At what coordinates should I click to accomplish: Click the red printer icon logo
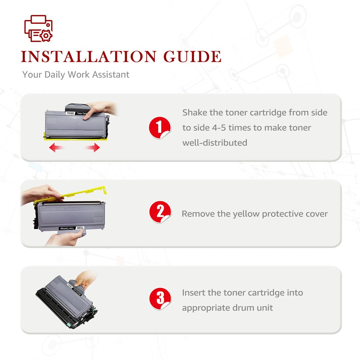coord(39,28)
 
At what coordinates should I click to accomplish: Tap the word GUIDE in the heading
coord(192,57)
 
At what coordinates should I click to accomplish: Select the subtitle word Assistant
coord(111,75)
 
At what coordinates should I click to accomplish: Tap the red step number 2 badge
coord(160,212)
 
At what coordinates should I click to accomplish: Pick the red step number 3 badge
coord(160,299)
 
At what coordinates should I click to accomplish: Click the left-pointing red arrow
coord(56,147)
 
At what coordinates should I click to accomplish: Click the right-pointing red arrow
coord(93,147)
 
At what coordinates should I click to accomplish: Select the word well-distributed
coord(215,143)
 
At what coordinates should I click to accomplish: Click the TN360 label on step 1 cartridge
coord(70,113)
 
